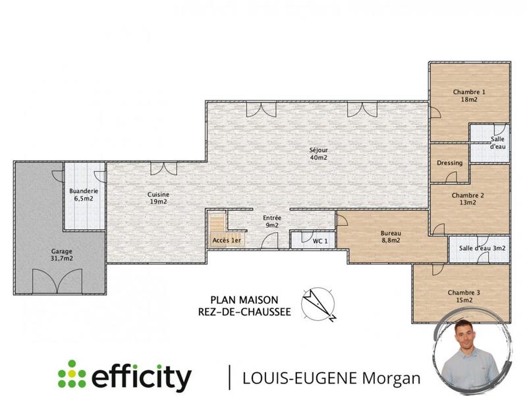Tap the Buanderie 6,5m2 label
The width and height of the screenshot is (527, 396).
84,195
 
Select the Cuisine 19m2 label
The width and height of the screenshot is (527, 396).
158,198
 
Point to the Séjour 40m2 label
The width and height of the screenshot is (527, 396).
318,154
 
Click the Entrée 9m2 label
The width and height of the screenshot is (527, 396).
271,222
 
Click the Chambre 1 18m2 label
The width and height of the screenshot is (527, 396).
468,95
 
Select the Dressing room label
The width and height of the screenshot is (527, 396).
449,163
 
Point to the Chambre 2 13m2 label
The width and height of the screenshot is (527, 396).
468,199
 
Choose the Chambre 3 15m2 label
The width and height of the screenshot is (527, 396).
464,296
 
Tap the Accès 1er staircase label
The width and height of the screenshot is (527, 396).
226,240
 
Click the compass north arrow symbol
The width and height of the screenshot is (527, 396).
318,304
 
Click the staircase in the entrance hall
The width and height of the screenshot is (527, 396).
217,224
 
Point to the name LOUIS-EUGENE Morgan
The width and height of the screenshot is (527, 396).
331,378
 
